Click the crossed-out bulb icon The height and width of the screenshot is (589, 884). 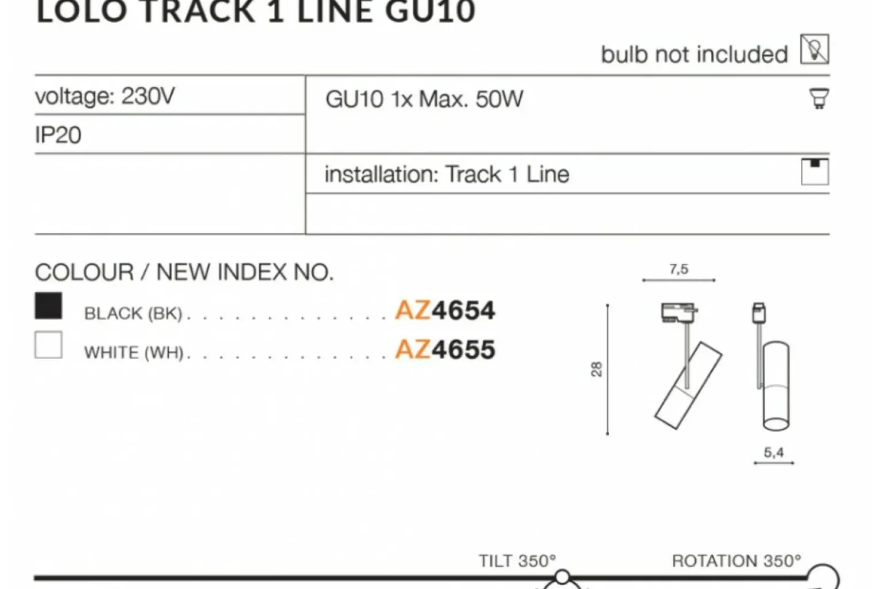click(x=815, y=49)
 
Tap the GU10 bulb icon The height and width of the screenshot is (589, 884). click(x=819, y=98)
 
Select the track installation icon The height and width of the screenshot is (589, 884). click(x=815, y=171)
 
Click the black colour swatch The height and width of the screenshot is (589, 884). click(x=49, y=305)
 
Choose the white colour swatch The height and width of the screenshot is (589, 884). click(x=49, y=345)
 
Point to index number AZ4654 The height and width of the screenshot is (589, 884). click(x=445, y=310)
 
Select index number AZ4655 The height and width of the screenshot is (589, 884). click(x=445, y=349)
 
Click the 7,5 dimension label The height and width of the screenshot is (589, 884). click(x=678, y=270)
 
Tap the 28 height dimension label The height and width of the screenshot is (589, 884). click(x=597, y=369)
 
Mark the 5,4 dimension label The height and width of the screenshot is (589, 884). click(x=774, y=452)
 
